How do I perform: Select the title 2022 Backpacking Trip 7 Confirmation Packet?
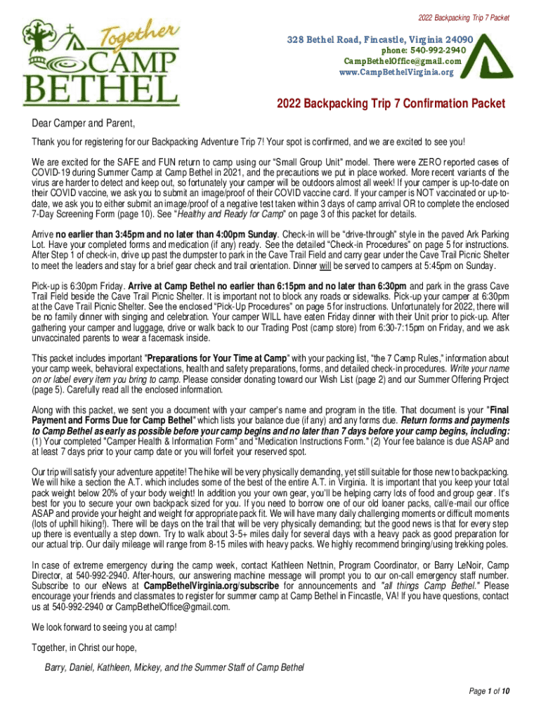[391, 104]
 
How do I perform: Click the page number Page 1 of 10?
[489, 692]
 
